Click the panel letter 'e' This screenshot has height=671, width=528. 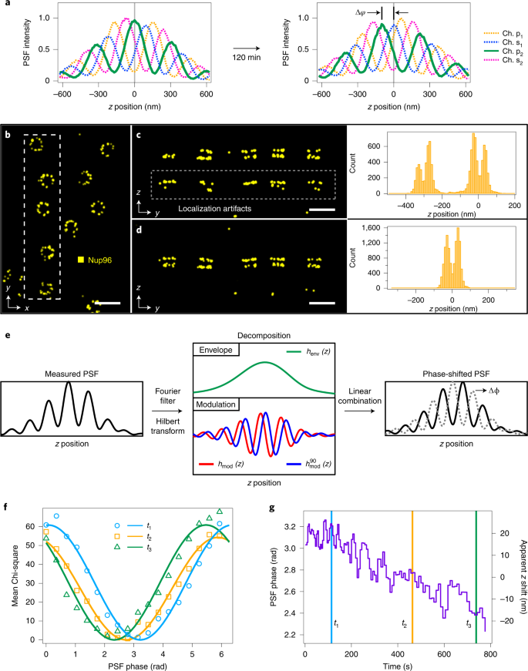pyautogui.click(x=8, y=337)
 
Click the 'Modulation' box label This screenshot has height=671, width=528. pyautogui.click(x=221, y=404)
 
